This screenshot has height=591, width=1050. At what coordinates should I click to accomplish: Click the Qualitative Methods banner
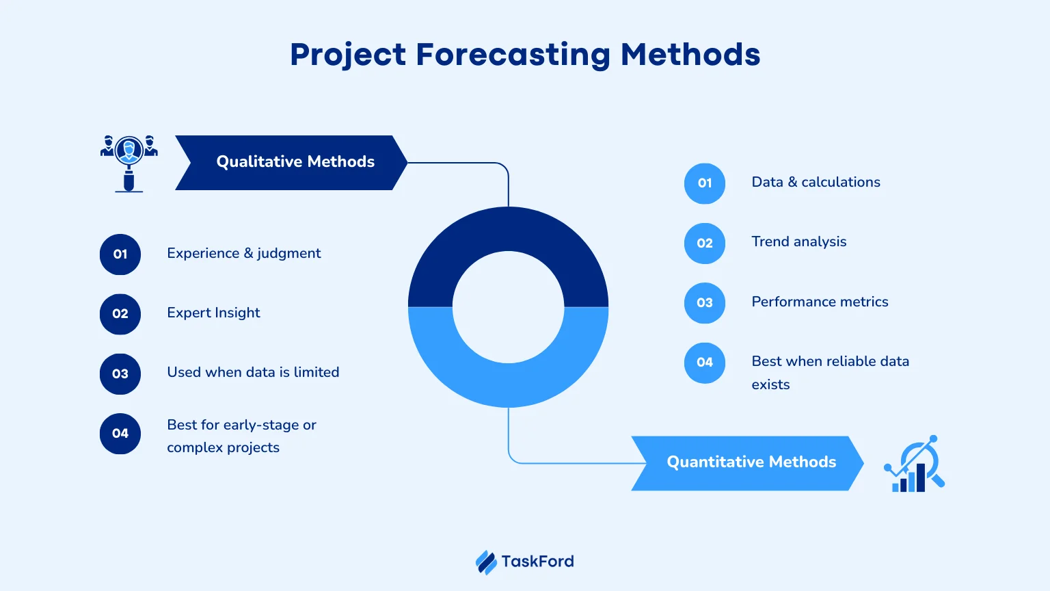coord(291,163)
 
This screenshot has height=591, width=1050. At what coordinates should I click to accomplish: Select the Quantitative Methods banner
coord(748,463)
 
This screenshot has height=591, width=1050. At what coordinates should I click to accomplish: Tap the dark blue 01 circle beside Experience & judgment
coord(120,254)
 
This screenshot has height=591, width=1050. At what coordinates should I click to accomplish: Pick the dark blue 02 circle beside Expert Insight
coord(120,314)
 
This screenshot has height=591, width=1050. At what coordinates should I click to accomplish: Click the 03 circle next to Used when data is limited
coord(120,374)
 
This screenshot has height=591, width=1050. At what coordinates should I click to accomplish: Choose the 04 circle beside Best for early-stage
coord(120,434)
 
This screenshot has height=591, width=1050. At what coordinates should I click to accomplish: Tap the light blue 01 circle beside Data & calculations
coord(705,183)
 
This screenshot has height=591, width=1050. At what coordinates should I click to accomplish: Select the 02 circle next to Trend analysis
coord(705,243)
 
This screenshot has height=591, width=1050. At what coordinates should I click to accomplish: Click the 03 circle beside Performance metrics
coord(705,303)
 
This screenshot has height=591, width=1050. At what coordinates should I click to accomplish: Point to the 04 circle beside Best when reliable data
coord(705,363)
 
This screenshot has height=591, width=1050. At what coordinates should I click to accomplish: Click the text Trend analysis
coord(798,241)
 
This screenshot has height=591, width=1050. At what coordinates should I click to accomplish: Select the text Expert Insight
coord(213,313)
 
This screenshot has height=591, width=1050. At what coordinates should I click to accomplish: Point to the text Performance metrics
coord(820,302)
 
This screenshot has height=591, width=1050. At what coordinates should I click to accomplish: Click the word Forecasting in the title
coord(513,55)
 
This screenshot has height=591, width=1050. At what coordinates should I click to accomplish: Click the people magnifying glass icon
coord(129,163)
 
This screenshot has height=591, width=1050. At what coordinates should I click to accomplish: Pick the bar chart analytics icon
coord(914,463)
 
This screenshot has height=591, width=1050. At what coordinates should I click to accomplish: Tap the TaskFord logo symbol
coord(486,562)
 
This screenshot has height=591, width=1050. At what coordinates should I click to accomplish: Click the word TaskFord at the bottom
coord(538,562)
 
